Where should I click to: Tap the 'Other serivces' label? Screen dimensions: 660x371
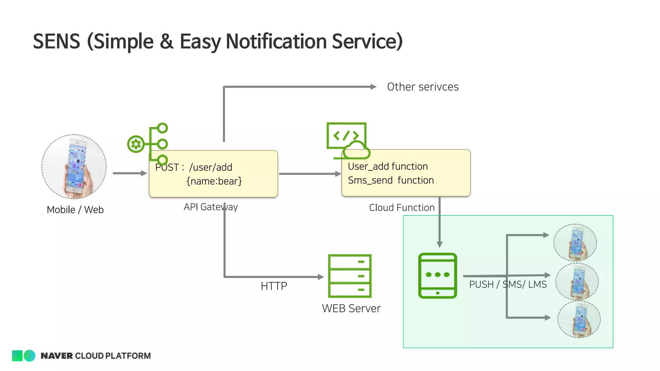pos(422,87)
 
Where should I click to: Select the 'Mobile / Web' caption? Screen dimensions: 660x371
pos(75,210)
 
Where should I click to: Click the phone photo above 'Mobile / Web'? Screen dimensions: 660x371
pos(74,166)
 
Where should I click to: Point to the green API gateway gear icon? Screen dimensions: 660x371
pos(136,144)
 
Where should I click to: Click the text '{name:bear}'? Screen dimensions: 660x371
pos(214,181)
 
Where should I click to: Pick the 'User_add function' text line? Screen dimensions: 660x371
pos(388,166)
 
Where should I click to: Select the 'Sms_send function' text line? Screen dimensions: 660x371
pos(391,180)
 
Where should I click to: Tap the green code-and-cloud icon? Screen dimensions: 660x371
pos(348,141)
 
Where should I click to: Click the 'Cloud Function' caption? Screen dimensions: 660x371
pos(402,207)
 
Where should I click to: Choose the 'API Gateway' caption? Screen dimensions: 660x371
pos(210,207)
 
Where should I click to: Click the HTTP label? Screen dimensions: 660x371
pos(274,286)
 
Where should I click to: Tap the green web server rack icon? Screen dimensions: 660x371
pos(350,276)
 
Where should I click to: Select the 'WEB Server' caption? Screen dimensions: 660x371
pos(351,309)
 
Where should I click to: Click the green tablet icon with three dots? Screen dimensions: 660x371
pos(437,276)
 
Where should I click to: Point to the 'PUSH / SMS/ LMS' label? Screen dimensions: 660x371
pos(508,284)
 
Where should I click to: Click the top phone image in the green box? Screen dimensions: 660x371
pos(575,243)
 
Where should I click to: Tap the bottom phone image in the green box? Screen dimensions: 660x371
pos(579,319)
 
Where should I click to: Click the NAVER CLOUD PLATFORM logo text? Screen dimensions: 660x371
pos(95,356)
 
